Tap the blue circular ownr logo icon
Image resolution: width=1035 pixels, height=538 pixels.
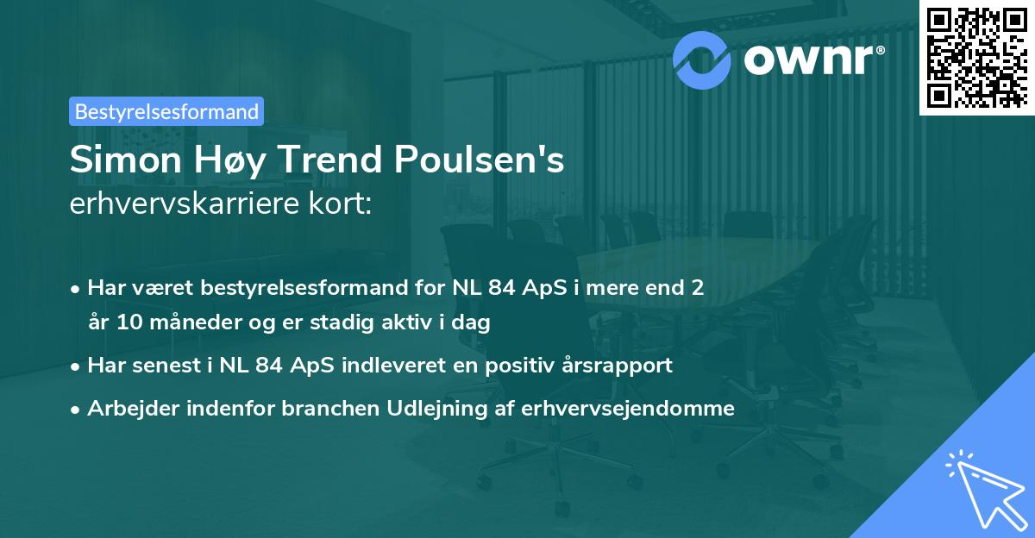(x=702, y=60)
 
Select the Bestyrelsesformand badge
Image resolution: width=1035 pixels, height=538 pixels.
(x=166, y=111)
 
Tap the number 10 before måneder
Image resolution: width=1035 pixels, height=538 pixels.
(x=125, y=323)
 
